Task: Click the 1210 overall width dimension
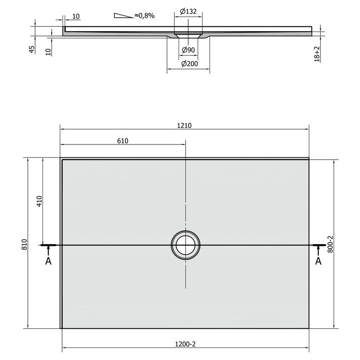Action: coord(184,126)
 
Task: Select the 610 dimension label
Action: coord(123,141)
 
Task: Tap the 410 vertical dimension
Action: coord(39,201)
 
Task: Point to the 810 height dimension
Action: coord(25,245)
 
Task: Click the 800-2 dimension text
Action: coord(330,244)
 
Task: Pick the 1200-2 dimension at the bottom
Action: coord(185,344)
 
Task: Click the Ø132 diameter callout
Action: coord(188,11)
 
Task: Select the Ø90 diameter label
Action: coord(188,49)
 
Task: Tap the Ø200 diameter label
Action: coord(190,64)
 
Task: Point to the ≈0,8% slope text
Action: coord(144,15)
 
